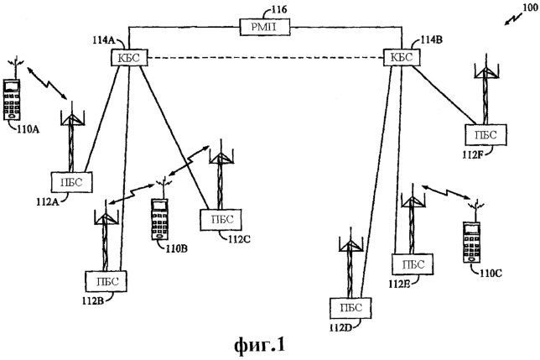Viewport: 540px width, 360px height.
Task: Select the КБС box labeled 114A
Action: [x=127, y=57]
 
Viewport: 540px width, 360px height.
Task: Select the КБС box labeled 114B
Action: [x=398, y=57]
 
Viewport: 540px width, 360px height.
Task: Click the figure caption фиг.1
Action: [x=270, y=344]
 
